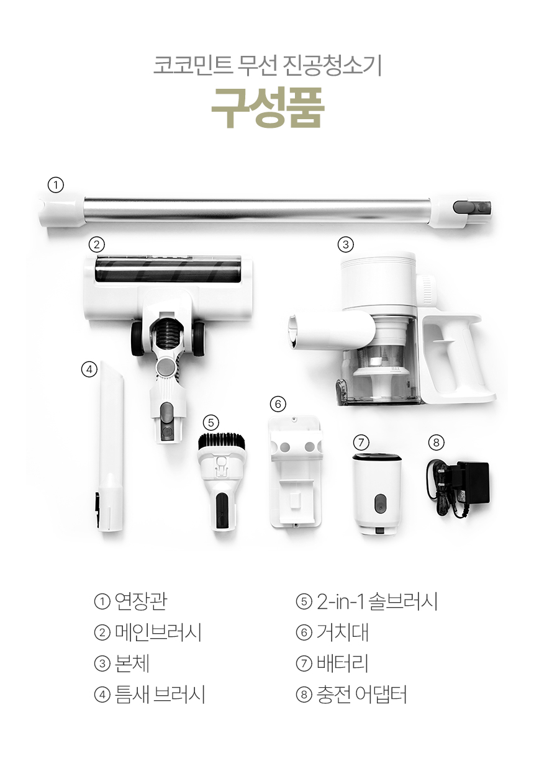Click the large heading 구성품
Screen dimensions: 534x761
coord(268,109)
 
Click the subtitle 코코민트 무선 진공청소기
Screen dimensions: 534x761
coord(268,66)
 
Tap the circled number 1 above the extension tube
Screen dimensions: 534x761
coord(55,186)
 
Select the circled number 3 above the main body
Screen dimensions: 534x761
coord(346,245)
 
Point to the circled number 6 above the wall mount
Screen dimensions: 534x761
coord(278,404)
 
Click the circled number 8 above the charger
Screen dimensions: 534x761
coord(437,443)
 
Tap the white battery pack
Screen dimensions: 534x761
coord(377,494)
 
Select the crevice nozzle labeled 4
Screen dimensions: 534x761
coord(111,446)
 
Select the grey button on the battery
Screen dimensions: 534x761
coord(379,503)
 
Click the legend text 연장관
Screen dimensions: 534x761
coord(141,602)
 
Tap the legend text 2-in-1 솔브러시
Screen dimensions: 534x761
coord(377,602)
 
